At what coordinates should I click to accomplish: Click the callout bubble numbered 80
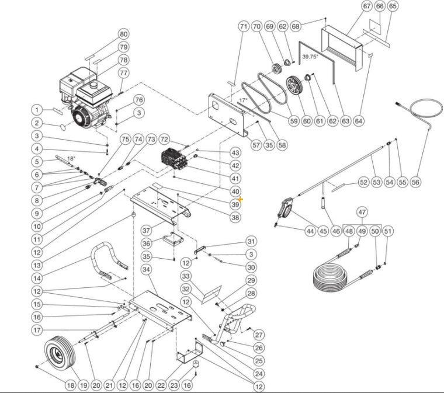point(124,34)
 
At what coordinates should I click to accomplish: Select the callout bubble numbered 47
point(362,212)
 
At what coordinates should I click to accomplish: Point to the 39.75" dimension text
point(310,56)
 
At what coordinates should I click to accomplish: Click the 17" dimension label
point(243,100)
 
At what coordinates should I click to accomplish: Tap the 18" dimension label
point(71,158)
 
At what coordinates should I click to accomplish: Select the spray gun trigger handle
point(285,208)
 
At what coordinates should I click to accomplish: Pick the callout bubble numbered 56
point(415,182)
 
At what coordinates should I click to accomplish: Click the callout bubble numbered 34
point(146,269)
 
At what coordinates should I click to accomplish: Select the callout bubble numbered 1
point(37,110)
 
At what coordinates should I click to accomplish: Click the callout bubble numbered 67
point(367,6)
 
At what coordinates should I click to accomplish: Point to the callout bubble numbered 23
point(174,385)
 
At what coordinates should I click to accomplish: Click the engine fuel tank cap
point(92,84)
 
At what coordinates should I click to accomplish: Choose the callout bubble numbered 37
point(146,230)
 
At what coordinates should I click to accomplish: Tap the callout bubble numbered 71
point(244,27)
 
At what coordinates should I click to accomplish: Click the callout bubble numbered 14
point(37,278)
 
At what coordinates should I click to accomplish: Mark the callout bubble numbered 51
point(388,231)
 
